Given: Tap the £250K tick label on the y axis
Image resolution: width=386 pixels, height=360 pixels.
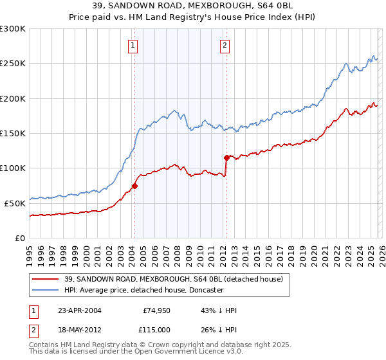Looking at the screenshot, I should (12, 64).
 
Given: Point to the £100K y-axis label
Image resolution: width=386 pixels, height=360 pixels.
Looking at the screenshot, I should (12, 168).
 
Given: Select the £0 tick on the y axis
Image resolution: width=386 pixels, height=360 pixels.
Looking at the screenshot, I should (19, 238).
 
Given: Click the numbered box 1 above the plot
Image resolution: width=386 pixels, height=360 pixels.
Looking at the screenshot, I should (133, 46).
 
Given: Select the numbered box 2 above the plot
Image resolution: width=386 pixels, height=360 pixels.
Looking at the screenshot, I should (225, 46).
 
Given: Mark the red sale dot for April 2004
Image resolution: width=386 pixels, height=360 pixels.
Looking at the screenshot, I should (134, 186).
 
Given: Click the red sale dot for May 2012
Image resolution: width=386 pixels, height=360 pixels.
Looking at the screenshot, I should (226, 157).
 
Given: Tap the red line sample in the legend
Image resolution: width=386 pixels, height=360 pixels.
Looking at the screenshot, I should (46, 279).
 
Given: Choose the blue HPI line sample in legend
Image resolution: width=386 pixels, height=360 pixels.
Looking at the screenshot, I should (46, 290).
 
